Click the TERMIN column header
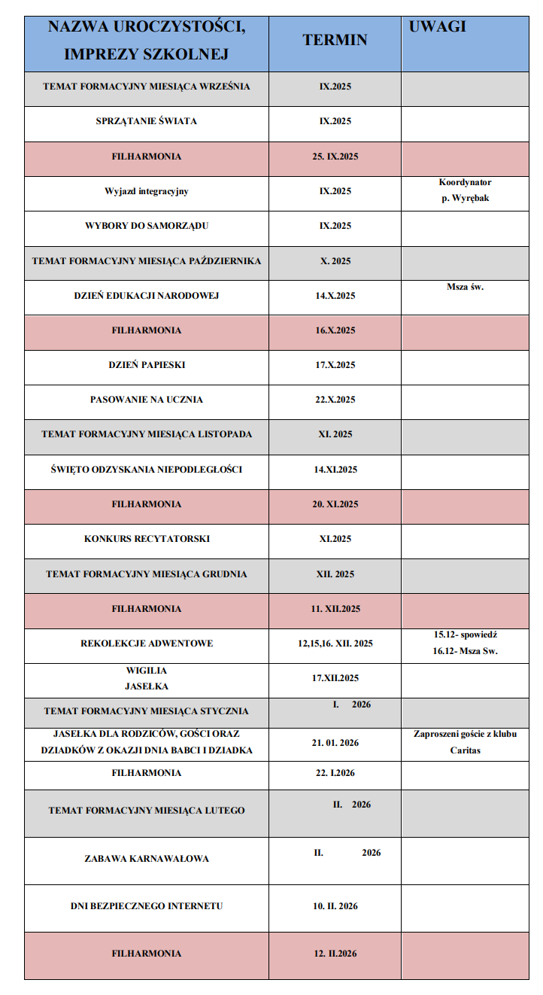(335, 40)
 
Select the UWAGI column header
(438, 27)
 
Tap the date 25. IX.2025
(335, 157)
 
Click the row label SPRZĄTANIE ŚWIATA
(147, 121)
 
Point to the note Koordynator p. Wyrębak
(465, 190)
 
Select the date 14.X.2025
(335, 296)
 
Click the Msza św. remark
(465, 287)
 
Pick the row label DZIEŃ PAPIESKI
(147, 365)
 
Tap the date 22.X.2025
(335, 400)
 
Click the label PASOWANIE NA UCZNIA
(147, 400)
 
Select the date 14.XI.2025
(335, 470)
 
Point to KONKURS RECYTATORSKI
(147, 539)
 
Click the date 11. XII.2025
(335, 608)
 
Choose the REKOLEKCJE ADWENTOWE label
(147, 644)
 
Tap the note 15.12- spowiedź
(465, 635)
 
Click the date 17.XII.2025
(335, 678)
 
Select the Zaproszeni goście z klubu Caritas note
(465, 742)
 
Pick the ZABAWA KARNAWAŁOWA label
(147, 859)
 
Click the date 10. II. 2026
(335, 906)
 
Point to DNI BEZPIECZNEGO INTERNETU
(147, 906)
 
